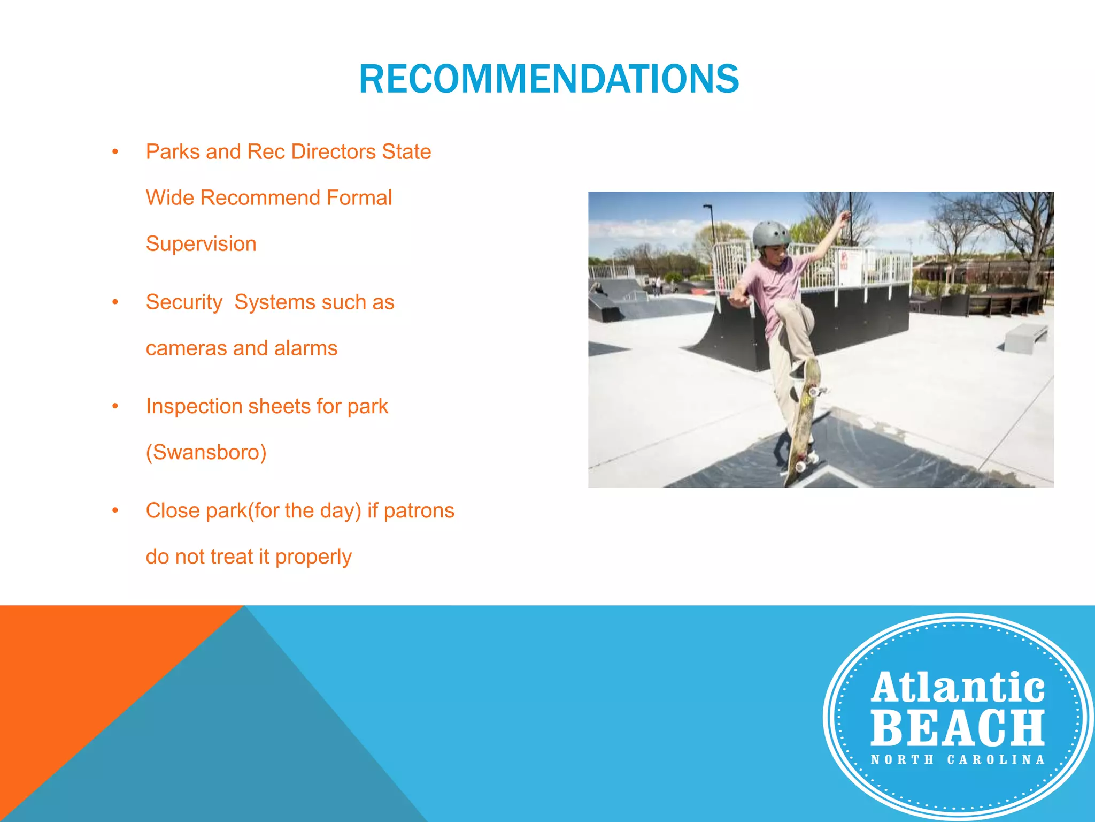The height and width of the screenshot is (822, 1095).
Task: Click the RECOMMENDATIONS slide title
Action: (x=549, y=79)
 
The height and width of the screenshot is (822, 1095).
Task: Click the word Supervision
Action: (x=201, y=244)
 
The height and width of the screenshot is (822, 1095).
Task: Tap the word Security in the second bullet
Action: (x=184, y=302)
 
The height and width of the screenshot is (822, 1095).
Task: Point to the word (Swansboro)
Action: (x=206, y=453)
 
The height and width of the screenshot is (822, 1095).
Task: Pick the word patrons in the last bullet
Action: (x=419, y=511)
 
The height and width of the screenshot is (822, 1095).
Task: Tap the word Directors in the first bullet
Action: (x=333, y=152)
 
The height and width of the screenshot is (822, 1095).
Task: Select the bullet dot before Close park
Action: (x=115, y=511)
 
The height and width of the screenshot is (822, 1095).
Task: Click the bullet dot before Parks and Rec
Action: (x=115, y=152)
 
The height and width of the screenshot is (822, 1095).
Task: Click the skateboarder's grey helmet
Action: (x=770, y=234)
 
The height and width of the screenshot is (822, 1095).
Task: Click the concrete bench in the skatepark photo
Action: (x=1025, y=337)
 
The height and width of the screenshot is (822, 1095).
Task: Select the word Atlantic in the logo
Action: (x=958, y=688)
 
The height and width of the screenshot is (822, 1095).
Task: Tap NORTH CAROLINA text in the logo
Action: (x=958, y=760)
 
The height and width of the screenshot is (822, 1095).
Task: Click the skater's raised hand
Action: (x=845, y=216)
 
